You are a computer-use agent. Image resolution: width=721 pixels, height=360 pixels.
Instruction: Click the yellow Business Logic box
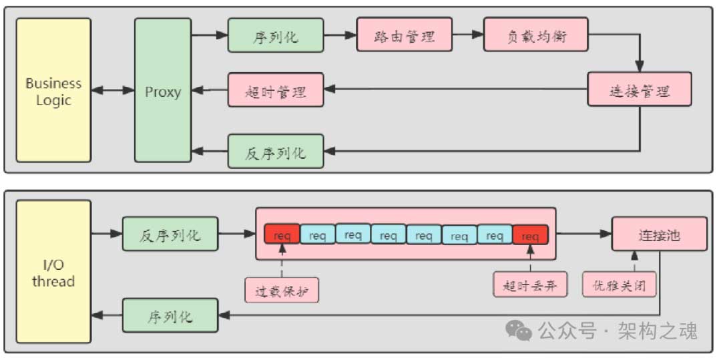53,90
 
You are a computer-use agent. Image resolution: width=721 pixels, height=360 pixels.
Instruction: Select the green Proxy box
163,90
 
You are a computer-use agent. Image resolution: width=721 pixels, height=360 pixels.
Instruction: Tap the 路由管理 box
405,35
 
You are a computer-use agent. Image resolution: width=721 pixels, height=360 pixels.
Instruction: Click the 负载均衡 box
536,35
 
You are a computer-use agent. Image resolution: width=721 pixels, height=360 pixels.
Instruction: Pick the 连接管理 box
639,89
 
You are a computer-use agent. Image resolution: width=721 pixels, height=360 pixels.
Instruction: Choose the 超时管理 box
276,90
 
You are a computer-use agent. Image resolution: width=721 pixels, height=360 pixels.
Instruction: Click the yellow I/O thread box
53,272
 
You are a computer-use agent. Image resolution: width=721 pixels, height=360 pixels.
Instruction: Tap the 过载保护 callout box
282,291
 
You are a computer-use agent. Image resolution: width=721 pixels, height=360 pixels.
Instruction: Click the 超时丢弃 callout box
530,286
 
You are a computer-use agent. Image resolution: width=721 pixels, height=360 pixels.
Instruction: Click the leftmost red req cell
282,235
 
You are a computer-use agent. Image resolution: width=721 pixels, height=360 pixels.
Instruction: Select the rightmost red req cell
530,235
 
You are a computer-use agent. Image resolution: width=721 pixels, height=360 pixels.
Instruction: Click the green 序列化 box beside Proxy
275,35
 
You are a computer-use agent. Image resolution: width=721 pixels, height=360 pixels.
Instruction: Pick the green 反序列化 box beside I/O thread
170,234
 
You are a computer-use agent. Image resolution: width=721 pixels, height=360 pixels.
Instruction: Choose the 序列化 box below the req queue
170,316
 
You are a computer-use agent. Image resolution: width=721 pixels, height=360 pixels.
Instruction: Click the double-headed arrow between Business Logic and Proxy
113,90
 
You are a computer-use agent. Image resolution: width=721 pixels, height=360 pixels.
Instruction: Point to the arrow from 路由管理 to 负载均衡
469,35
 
